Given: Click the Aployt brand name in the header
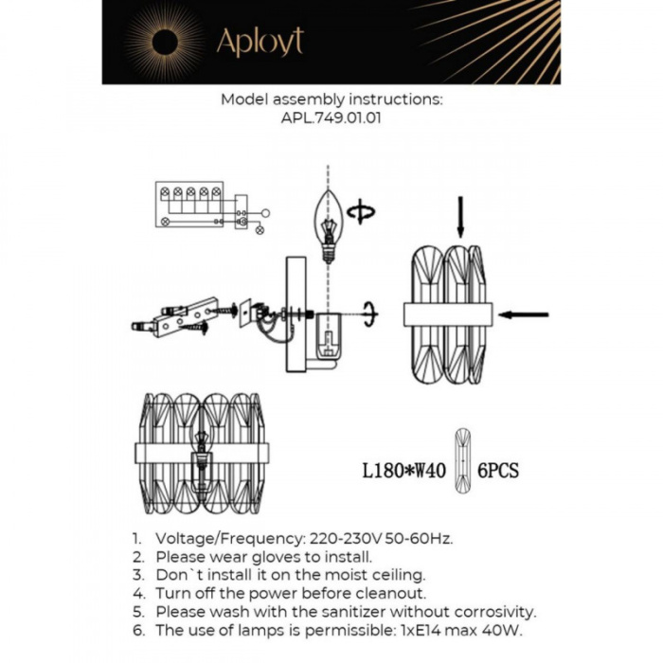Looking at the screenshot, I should pyautogui.click(x=260, y=42).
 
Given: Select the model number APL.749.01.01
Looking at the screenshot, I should pyautogui.click(x=331, y=119).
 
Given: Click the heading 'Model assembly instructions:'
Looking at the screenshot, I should pyautogui.click(x=331, y=99).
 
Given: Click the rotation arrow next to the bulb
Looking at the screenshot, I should pyautogui.click(x=360, y=214).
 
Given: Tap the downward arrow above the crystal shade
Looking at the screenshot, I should pyautogui.click(x=460, y=216).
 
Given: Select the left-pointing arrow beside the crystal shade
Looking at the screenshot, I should pyautogui.click(x=523, y=314).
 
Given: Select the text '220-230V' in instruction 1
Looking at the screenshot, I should pyautogui.click(x=338, y=538).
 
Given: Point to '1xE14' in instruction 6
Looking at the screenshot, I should pyautogui.click(x=421, y=631).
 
